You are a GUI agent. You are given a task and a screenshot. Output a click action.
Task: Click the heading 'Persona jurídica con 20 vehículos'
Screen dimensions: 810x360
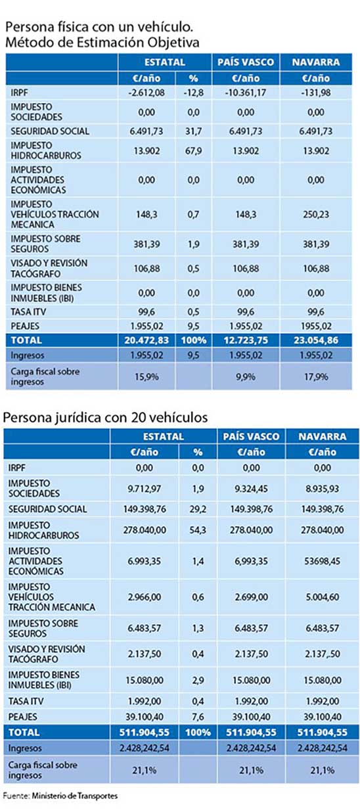pos(106,417)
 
